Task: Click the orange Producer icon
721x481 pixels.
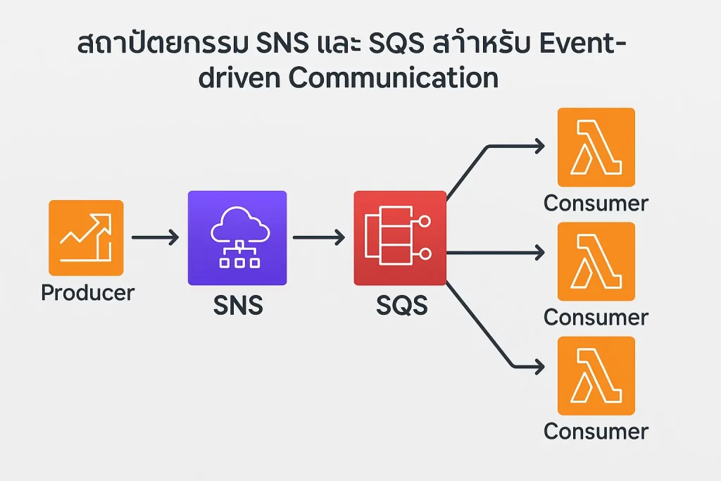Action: coord(86,237)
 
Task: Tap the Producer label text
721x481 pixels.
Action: coord(87,292)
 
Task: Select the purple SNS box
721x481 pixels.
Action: coord(237,237)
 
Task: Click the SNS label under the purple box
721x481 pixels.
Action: coord(237,306)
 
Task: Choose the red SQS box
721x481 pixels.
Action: coord(399,238)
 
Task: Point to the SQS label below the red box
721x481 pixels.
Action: coord(401,306)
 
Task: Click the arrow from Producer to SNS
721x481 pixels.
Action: coord(155,238)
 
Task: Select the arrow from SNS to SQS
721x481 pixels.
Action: coord(318,238)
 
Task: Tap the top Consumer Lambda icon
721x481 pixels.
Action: coord(596,146)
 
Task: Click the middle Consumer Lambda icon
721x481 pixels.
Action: coord(596,261)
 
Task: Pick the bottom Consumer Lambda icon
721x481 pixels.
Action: coord(596,375)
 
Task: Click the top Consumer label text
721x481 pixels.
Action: coord(596,204)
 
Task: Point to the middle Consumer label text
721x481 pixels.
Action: coord(596,318)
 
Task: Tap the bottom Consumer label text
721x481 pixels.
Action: coord(596,431)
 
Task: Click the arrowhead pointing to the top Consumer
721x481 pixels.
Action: coord(539,146)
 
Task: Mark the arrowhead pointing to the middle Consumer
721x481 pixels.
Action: coord(539,252)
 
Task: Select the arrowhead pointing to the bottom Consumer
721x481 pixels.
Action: coord(539,366)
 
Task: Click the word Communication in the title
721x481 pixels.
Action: coord(394,78)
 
